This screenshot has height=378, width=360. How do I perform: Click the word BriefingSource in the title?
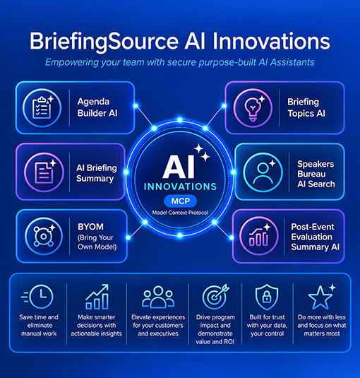point(104,42)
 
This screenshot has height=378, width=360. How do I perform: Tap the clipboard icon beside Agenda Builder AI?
point(42,107)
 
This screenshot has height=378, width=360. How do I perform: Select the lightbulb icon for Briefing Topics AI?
point(253,109)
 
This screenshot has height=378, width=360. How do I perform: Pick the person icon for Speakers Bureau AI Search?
point(263,172)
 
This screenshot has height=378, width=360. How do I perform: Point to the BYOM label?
point(90,227)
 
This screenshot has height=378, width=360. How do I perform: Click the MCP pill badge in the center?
point(180,201)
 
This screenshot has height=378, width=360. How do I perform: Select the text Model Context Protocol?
point(180,213)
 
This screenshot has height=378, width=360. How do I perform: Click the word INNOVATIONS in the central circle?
point(180,187)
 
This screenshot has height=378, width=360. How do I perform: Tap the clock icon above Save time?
point(37,297)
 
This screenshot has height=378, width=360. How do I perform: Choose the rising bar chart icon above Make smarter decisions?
point(97,297)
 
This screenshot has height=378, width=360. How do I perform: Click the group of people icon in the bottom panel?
point(158,297)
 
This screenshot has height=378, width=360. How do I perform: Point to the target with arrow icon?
point(216,297)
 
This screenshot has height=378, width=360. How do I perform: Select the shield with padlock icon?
point(267,297)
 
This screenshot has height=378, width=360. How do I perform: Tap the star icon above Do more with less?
point(322,297)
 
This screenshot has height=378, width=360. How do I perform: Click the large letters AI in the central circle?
point(179,167)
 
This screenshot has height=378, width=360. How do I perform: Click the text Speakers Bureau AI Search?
point(316,174)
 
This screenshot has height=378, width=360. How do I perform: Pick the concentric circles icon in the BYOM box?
point(43,236)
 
